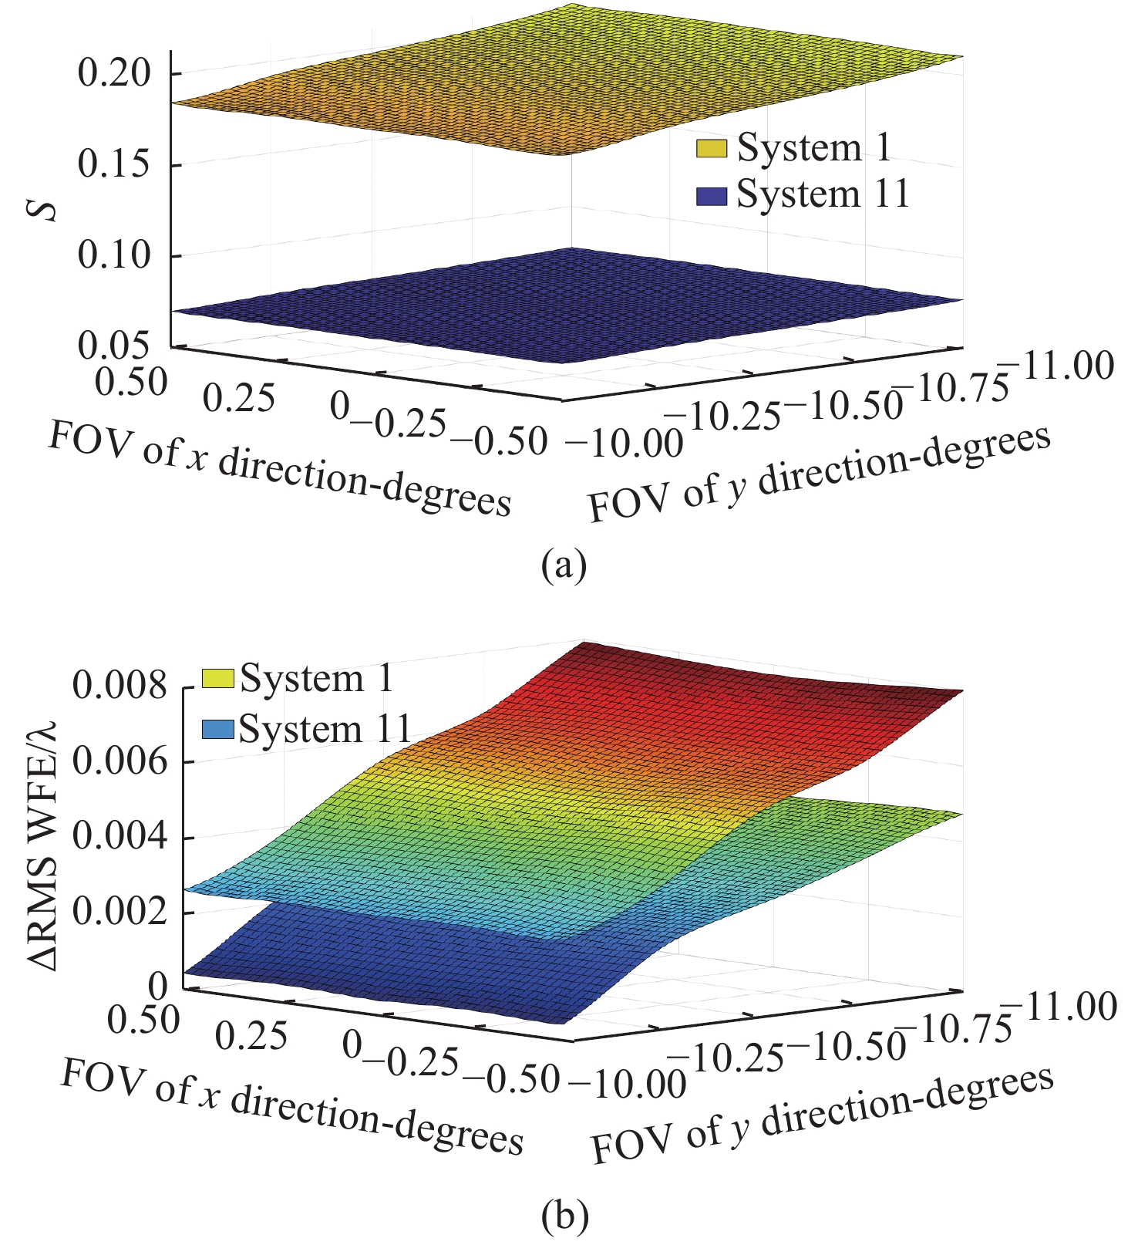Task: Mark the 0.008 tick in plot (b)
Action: click(120, 687)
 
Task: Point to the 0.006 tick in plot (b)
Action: click(120, 762)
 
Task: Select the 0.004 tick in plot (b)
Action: click(120, 837)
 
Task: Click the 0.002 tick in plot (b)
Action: click(120, 912)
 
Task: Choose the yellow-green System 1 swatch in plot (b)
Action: click(217, 679)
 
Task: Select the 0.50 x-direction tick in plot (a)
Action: click(133, 381)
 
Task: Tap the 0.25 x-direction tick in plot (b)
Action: click(252, 1036)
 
